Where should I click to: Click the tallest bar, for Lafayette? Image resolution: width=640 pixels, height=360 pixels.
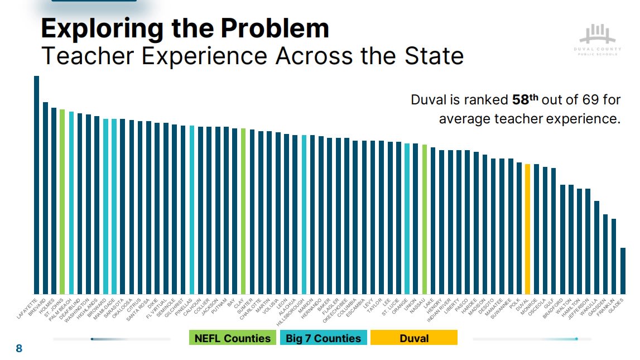pyautogui.click(x=36, y=185)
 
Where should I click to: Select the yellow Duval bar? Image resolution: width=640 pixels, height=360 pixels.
pyautogui.click(x=527, y=229)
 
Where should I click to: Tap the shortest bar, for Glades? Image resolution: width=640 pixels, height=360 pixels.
pyautogui.click(x=623, y=271)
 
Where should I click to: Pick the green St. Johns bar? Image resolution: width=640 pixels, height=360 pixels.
pyautogui.click(x=62, y=201)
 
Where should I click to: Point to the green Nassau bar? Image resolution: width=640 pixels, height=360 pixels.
pyautogui.click(x=424, y=219)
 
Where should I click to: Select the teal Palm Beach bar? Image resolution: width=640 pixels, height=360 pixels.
pyautogui.click(x=71, y=203)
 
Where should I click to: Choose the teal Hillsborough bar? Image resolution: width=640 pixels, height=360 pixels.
pyautogui.click(x=304, y=214)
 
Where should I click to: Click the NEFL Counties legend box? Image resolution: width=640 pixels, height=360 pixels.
pyautogui.click(x=233, y=338)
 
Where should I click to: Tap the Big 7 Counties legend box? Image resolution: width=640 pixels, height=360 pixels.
pyautogui.click(x=324, y=338)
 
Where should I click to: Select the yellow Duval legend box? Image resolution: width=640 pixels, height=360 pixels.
pyautogui.click(x=414, y=338)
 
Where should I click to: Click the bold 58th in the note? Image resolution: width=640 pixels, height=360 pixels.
pyautogui.click(x=525, y=100)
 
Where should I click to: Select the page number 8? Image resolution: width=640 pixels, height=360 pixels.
pyautogui.click(x=19, y=349)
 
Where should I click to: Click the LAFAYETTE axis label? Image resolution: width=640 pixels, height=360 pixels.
pyautogui.click(x=27, y=308)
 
